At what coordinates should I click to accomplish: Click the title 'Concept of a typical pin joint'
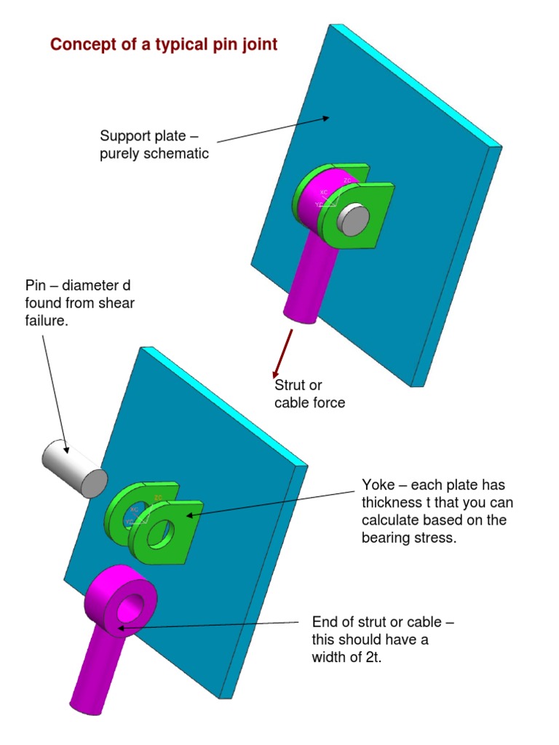[x=164, y=44]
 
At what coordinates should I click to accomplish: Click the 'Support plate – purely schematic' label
[x=154, y=144]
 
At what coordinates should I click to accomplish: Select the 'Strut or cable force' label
[x=309, y=394]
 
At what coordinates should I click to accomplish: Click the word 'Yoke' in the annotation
[x=379, y=485]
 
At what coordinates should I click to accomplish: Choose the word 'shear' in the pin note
[x=117, y=303]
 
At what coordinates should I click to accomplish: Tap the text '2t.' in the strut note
[x=371, y=660]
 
